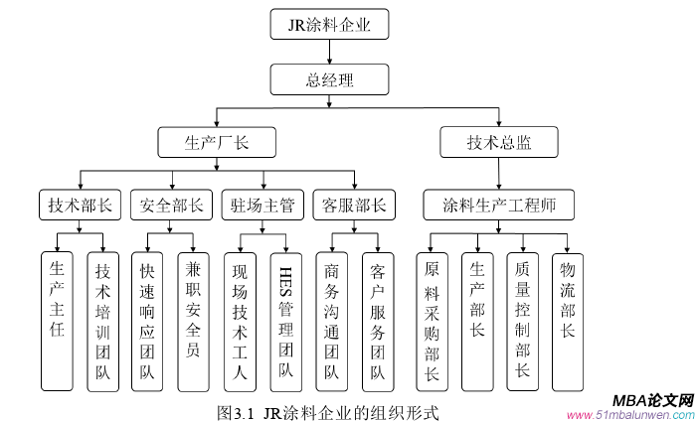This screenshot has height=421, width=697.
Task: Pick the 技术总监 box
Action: [499, 143]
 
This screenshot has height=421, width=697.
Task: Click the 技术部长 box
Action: [81, 206]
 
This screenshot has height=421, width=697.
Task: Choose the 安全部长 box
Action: [172, 206]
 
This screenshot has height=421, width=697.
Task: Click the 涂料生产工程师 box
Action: [498, 206]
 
